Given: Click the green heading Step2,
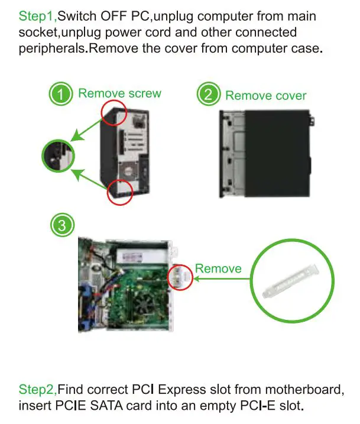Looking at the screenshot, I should click(37, 390).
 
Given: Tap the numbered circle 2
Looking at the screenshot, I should click(207, 95).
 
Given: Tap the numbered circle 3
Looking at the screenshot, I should click(61, 225).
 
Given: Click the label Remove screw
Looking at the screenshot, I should click(119, 93).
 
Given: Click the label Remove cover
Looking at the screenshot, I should click(266, 95).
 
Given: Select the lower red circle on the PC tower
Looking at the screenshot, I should click(119, 193).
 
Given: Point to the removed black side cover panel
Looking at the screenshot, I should click(266, 153).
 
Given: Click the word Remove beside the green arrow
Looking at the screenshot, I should click(218, 268).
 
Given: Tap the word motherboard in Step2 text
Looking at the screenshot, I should click(301, 390).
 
